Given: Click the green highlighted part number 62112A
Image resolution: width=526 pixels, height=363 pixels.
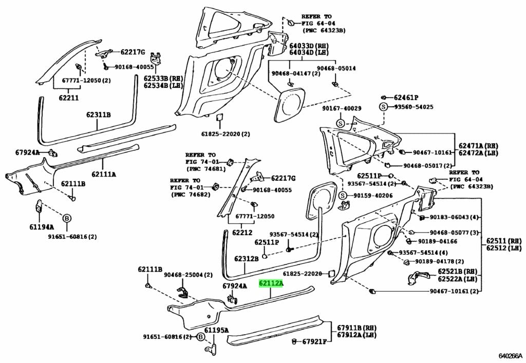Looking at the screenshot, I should (271, 283).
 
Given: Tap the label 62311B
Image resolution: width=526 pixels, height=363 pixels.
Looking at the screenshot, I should (98, 114).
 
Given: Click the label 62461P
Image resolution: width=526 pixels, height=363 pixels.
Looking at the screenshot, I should (406, 98).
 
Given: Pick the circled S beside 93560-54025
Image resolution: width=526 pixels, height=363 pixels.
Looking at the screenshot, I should (383, 107).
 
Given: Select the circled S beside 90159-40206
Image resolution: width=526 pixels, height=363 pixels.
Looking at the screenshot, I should (343, 196).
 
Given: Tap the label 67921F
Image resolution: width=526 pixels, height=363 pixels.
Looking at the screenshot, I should (314, 341).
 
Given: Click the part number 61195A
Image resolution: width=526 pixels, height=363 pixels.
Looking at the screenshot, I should (216, 330).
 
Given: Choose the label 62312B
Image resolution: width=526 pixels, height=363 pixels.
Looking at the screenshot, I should (247, 259).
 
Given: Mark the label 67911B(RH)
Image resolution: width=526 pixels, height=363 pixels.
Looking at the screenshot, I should (357, 328).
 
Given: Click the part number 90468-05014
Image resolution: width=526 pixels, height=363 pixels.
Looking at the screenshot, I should (336, 68).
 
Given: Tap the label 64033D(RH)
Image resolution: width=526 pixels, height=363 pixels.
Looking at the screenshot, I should (308, 46).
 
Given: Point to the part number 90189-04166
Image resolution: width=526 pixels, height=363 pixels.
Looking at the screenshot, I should (437, 241).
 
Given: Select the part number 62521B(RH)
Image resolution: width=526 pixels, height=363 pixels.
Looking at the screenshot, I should (458, 271).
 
